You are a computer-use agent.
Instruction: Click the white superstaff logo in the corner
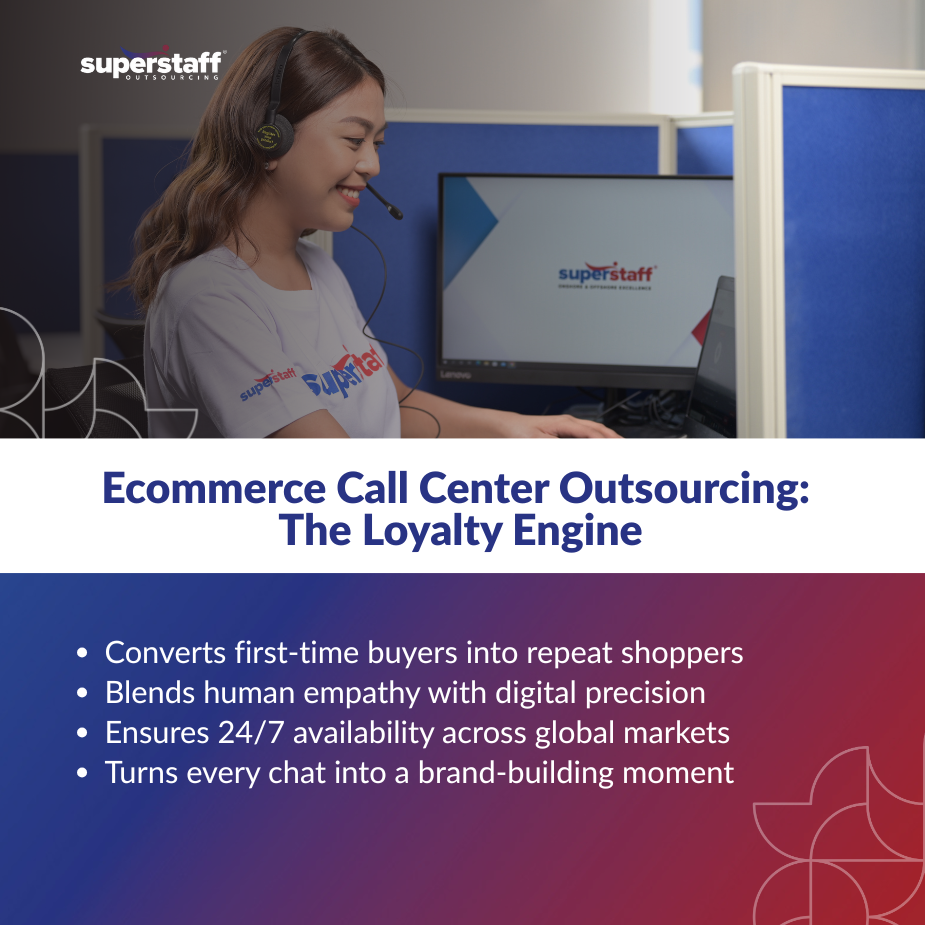pos(152,63)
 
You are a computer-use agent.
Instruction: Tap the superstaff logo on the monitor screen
pos(607,275)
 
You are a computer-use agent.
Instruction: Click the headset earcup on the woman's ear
pos(274,136)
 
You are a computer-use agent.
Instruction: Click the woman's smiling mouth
pos(350,194)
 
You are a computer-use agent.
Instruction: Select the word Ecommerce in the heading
pos(214,488)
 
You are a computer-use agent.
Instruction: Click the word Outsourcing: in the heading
pos(684,490)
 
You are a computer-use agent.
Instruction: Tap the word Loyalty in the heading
pos(432,531)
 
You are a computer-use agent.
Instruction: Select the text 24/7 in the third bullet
pos(252,733)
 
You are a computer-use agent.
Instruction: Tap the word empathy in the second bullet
pos(362,694)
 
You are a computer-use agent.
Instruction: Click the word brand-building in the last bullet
pos(516,773)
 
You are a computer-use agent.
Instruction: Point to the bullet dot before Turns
pos(82,773)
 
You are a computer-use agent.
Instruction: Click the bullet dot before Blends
pos(82,693)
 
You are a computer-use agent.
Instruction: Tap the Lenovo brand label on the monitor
pos(455,375)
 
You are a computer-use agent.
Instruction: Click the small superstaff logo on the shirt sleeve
pos(268,382)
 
